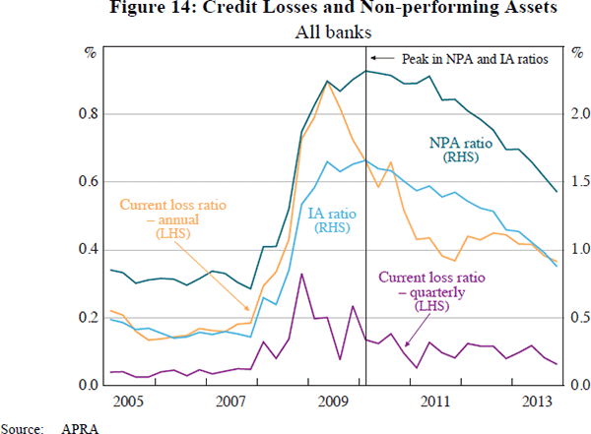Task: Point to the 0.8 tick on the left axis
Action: pos(87,114)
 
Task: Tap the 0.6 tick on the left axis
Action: pos(87,182)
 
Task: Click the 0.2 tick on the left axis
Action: pos(87,318)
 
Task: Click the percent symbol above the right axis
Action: pos(575,51)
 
